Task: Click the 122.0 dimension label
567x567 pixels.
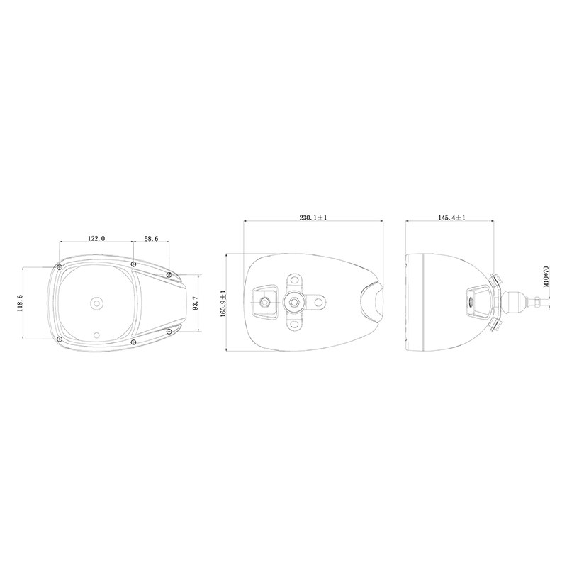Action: [96, 239]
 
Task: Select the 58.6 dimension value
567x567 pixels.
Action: [151, 239]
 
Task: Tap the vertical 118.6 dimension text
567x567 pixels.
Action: [20, 303]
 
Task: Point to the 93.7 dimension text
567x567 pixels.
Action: [196, 303]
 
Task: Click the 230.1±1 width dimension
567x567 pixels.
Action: [313, 218]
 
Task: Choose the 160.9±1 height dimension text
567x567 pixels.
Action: [223, 303]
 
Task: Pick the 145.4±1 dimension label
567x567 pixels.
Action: [452, 218]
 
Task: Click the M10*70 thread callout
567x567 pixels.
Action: [546, 276]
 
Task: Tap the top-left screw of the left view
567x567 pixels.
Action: [59, 267]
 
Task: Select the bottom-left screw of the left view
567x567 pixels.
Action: [60, 339]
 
